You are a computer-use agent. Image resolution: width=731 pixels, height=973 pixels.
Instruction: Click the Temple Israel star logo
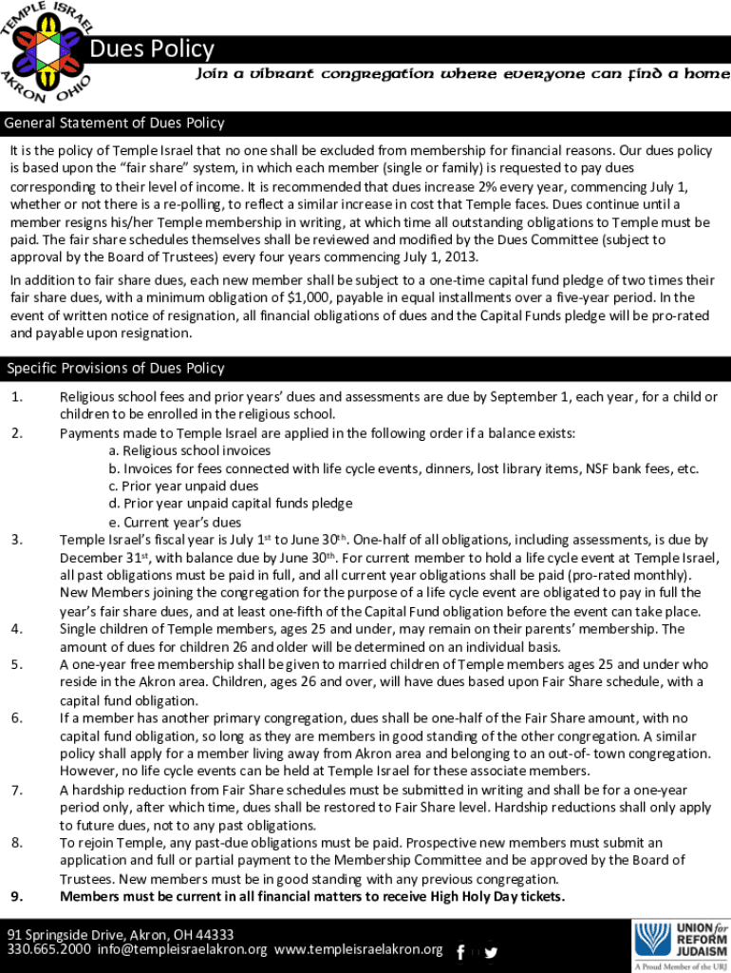46,48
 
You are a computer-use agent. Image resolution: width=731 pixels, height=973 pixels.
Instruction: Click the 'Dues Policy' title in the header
152,48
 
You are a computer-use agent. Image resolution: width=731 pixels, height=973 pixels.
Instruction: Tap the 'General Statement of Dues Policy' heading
115,123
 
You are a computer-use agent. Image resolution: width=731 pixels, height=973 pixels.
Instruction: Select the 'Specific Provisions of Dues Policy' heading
116,368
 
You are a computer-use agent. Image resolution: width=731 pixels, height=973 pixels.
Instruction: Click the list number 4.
17,629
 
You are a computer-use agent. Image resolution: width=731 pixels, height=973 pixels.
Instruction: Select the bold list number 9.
17,896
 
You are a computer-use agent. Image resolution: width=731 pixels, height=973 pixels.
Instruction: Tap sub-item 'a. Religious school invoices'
190,450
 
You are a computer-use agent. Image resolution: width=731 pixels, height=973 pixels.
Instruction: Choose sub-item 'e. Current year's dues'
175,522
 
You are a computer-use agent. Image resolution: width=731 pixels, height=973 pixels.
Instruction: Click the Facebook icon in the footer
460,952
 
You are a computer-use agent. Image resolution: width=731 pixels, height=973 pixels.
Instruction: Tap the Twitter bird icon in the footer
491,952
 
